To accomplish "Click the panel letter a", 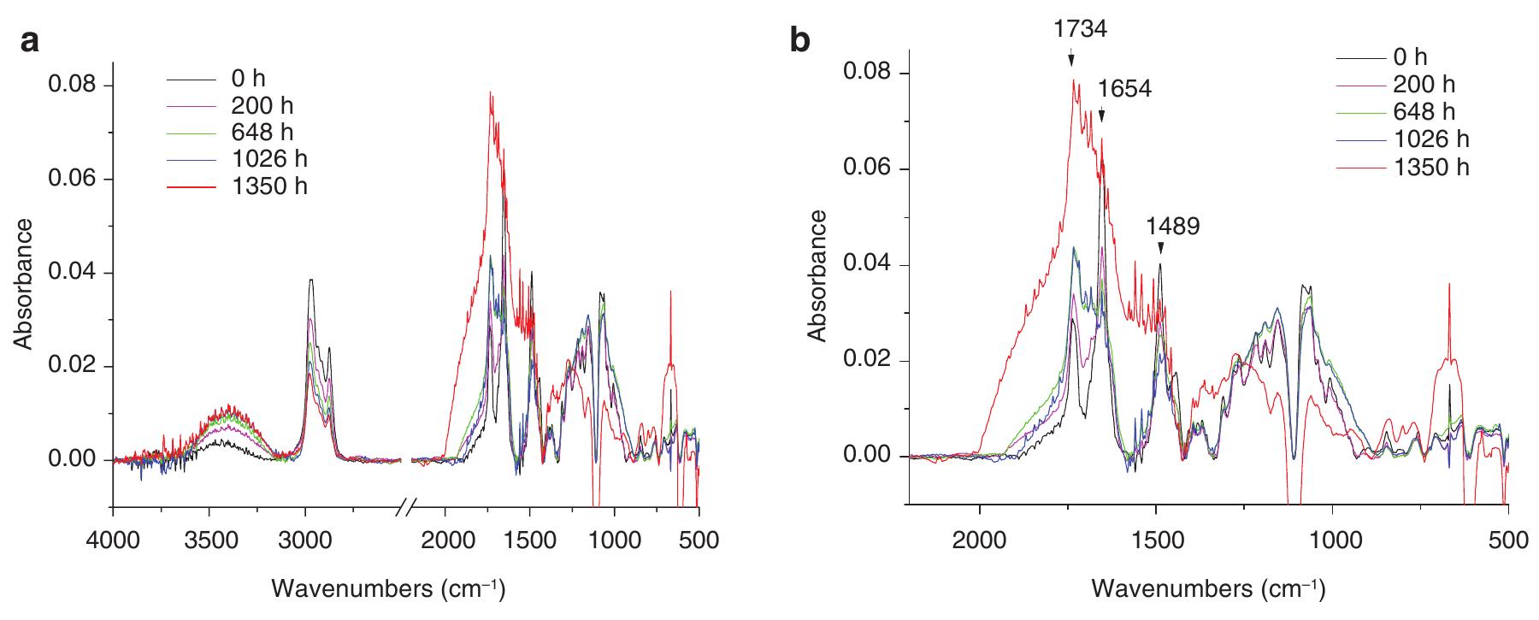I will tap(30, 41).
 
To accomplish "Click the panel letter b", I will tap(800, 41).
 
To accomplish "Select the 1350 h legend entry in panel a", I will tap(268, 186).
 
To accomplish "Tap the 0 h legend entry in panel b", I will tap(1410, 57).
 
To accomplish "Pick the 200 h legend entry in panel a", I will tap(268, 106).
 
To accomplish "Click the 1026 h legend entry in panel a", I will tap(268, 159).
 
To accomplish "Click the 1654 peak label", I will tap(1124, 89).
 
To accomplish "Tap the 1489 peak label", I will tap(1173, 226).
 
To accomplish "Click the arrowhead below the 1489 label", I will tap(1160, 248).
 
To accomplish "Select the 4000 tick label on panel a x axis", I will tap(113, 540).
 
